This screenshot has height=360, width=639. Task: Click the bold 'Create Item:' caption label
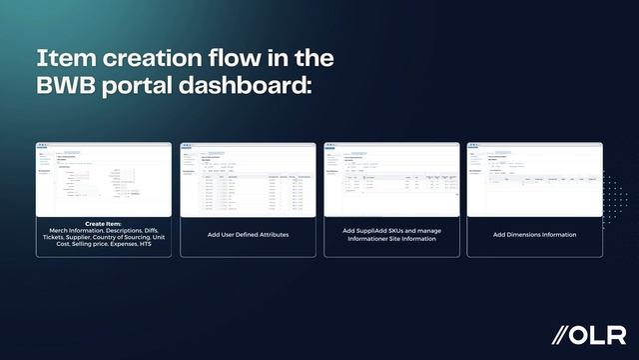pos(104,222)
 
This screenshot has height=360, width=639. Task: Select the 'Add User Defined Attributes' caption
pos(248,235)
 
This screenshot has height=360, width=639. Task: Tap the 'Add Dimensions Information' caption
pos(534,235)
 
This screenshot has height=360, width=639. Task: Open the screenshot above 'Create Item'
pos(104,179)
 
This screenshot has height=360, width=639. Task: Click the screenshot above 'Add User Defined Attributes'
pos(248,179)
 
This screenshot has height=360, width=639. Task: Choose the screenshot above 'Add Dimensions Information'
pos(534,179)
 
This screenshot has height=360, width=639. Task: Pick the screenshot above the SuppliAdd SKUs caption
pos(391,179)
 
